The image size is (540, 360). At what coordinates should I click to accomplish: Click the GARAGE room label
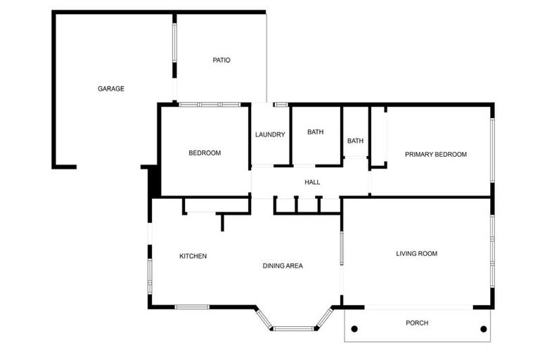[x=111, y=89]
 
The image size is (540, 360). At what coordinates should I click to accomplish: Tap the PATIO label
[x=221, y=60]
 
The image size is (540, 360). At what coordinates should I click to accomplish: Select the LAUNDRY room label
[x=270, y=134]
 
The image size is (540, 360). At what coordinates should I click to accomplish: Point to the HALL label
[x=312, y=182]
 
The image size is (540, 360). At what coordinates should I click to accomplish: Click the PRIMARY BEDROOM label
[x=435, y=154]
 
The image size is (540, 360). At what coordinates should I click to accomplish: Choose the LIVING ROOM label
[x=416, y=253]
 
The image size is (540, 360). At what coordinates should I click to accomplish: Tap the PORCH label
[x=417, y=323]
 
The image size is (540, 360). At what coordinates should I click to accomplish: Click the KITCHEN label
[x=193, y=256]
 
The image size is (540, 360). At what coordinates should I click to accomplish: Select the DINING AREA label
[x=283, y=265]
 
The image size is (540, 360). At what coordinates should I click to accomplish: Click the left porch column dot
[x=354, y=329]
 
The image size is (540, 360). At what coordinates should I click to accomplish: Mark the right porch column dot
[x=483, y=329]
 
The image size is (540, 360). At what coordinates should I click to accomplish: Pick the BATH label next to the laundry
[x=315, y=131]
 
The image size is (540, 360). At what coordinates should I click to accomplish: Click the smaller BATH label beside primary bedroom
[x=355, y=141]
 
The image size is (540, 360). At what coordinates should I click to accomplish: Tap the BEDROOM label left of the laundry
[x=205, y=153]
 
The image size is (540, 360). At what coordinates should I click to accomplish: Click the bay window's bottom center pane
[x=294, y=328]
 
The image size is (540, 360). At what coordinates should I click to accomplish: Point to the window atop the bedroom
[x=209, y=105]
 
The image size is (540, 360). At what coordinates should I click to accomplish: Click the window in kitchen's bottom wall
[x=192, y=307]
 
